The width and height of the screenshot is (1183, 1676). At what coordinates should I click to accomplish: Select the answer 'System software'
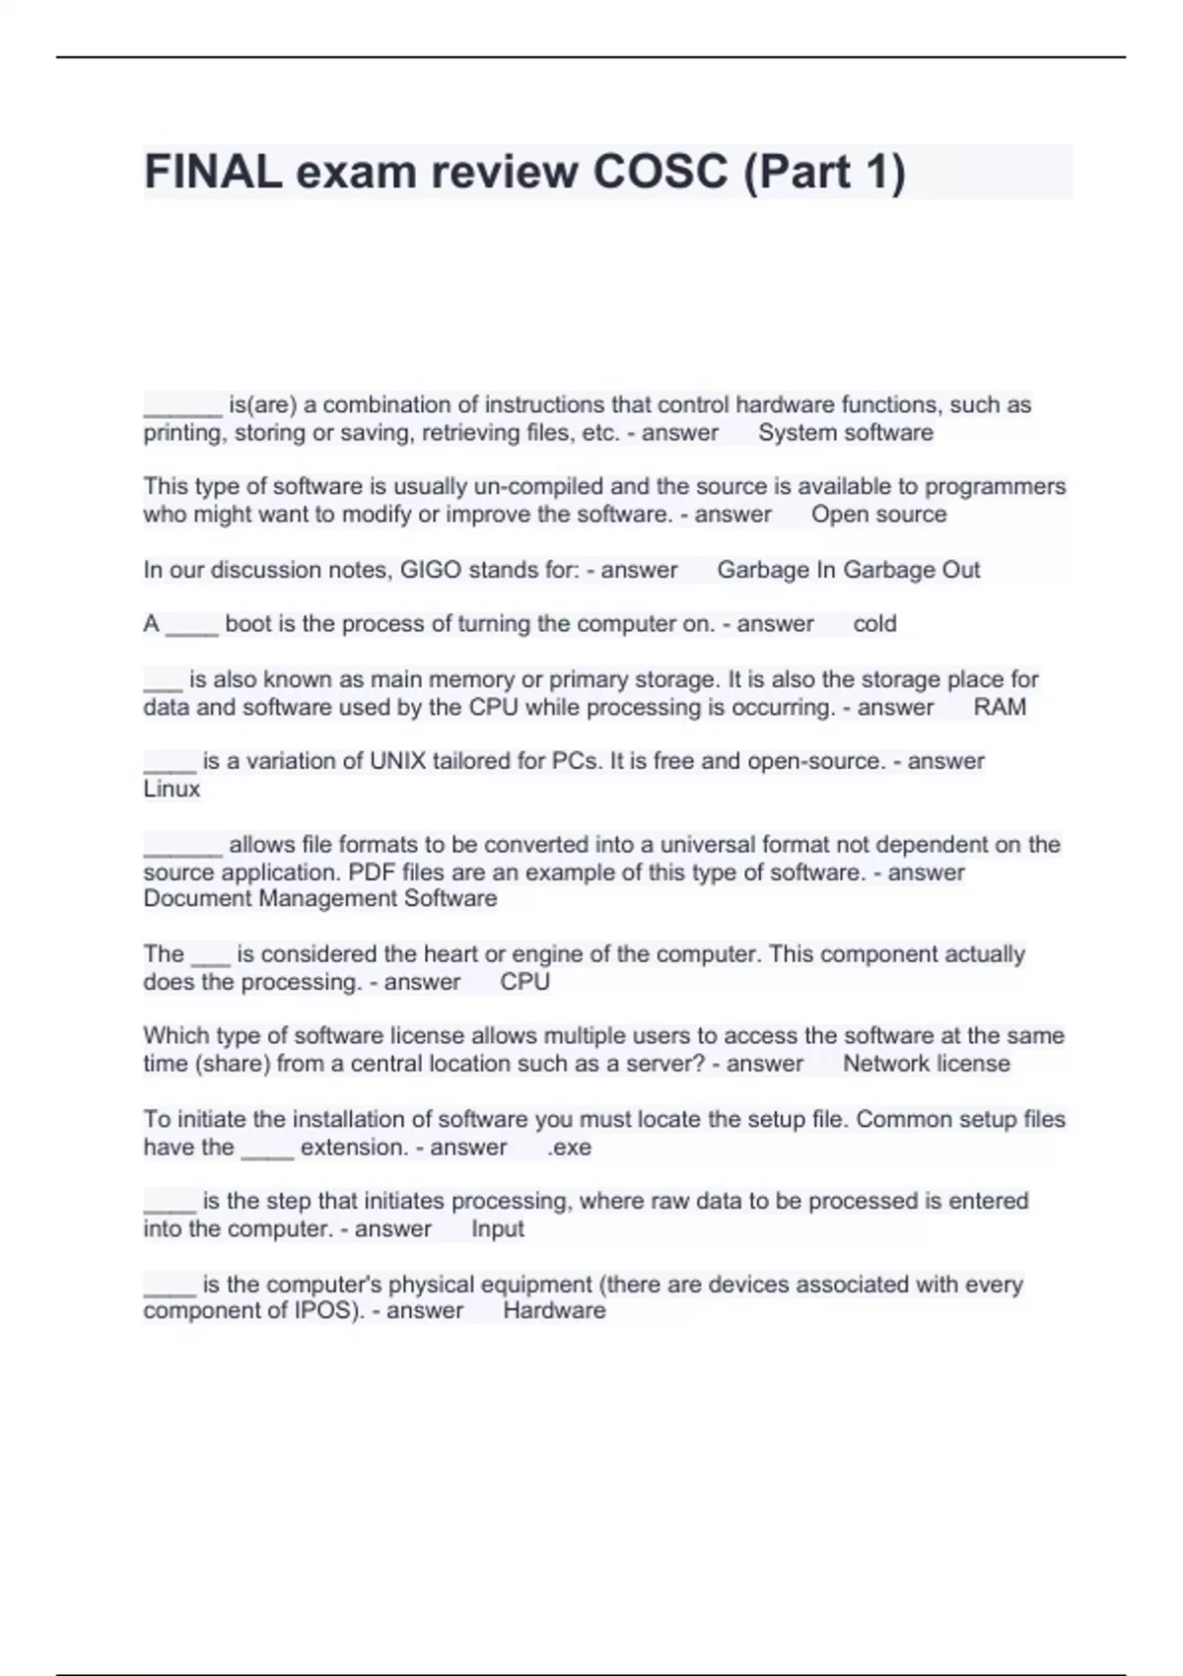pos(845,433)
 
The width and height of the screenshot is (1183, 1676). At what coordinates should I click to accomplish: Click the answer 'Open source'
pos(878,515)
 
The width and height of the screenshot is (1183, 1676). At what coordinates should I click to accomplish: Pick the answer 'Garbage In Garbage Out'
pos(848,570)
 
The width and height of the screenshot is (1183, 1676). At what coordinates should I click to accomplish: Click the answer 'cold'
pos(874,624)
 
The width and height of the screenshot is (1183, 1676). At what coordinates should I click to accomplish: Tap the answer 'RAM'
pos(1000,707)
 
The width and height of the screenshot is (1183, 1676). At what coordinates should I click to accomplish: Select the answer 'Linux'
pos(172,789)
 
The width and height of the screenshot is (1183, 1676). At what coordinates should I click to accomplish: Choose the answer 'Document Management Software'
pos(320,898)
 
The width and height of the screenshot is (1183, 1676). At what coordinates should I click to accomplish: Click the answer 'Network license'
pos(926,1064)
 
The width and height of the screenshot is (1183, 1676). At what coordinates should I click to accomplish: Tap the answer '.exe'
pos(569,1148)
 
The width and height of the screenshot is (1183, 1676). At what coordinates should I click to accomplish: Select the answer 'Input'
pos(497,1229)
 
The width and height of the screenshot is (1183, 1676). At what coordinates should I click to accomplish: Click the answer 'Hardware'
pos(554,1310)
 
